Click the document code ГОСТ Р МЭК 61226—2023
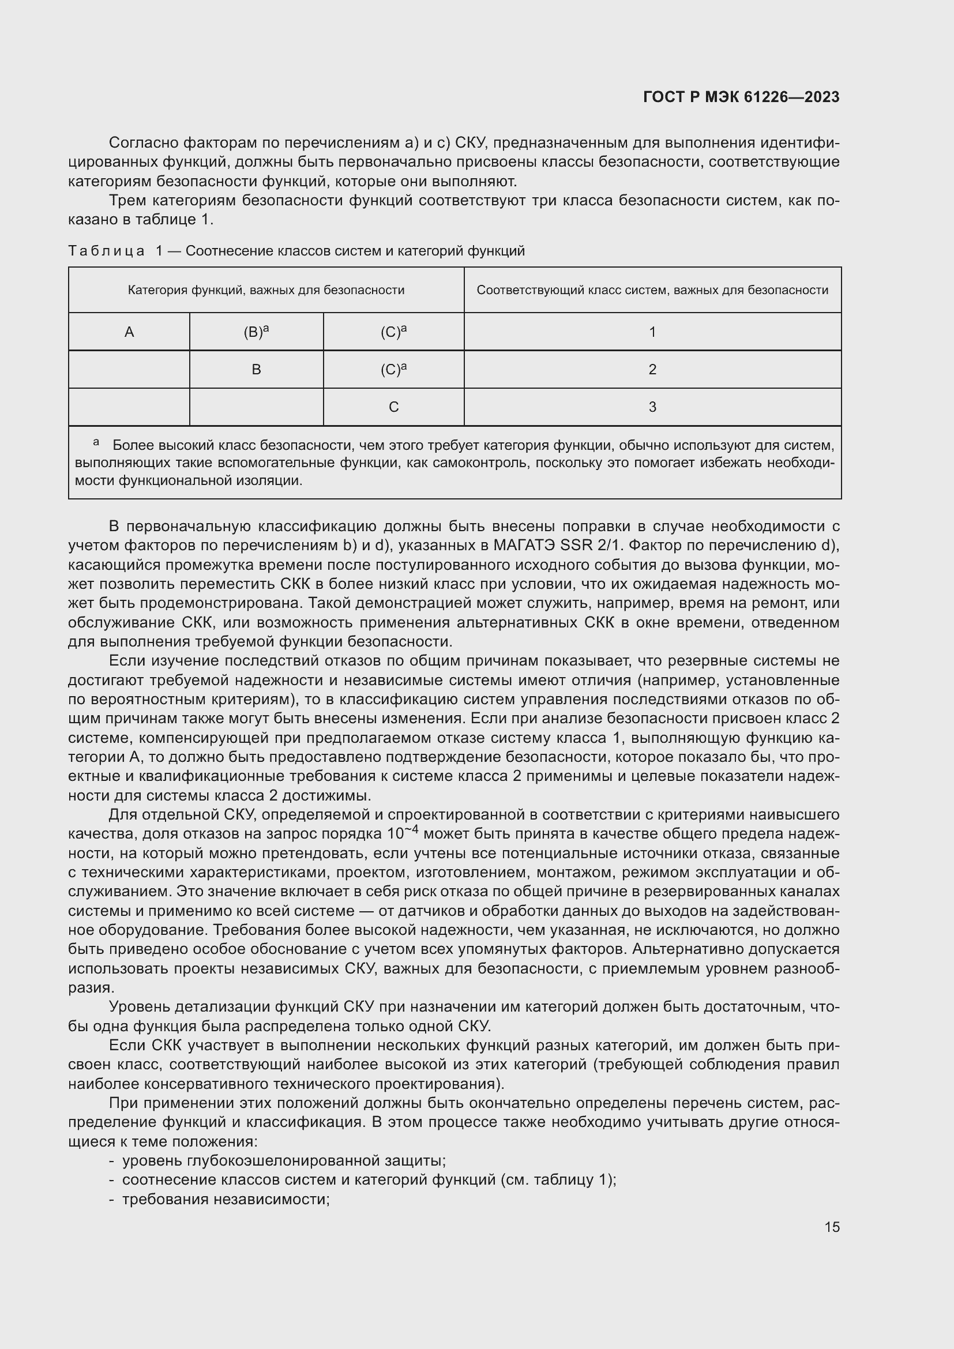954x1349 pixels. click(x=741, y=97)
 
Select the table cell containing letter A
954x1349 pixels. click(x=129, y=332)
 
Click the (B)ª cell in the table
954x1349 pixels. click(x=256, y=332)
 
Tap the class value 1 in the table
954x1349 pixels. click(x=652, y=332)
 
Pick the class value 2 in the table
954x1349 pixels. click(x=652, y=370)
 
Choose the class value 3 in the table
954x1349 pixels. click(x=652, y=407)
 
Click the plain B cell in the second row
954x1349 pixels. click(x=256, y=370)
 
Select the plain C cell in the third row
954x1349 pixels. click(x=393, y=407)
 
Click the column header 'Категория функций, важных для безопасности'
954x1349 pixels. click(x=266, y=290)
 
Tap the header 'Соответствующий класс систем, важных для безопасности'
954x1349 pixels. click(x=652, y=290)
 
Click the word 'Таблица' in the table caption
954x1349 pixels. click(x=106, y=251)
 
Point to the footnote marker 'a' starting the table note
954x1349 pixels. click(x=96, y=442)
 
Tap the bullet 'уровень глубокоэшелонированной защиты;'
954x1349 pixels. click(x=284, y=1161)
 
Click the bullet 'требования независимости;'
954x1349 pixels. click(x=226, y=1199)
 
